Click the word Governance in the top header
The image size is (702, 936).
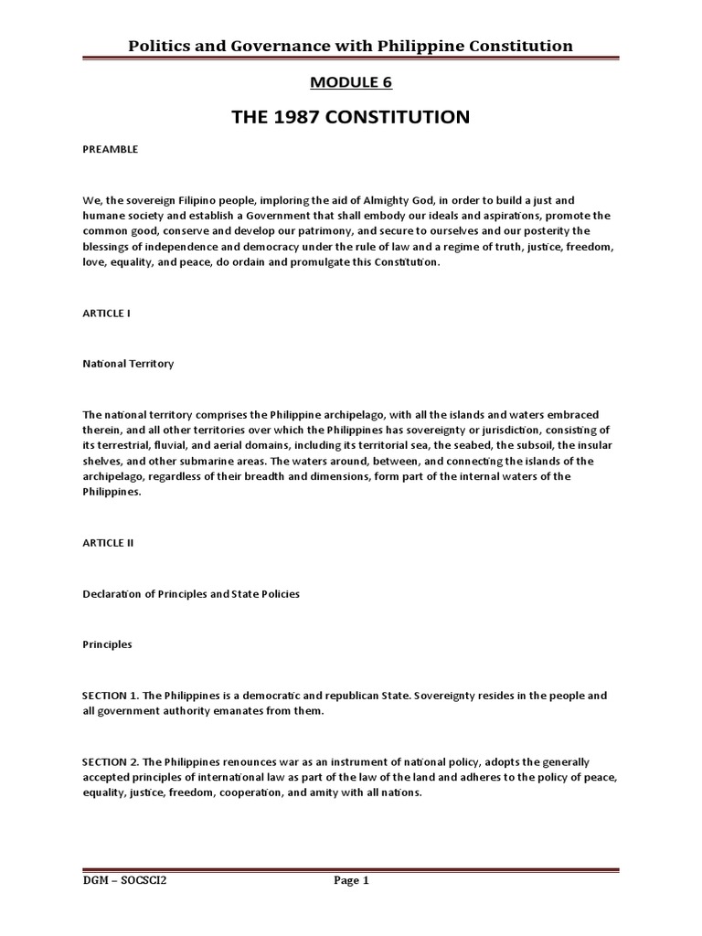(x=269, y=46)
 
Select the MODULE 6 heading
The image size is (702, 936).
(x=352, y=83)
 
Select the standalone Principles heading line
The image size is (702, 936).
(x=107, y=644)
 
